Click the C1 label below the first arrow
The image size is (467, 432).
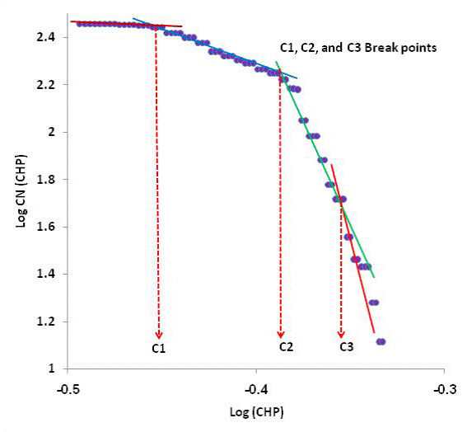pyautogui.click(x=159, y=349)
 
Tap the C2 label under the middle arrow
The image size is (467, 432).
pyautogui.click(x=286, y=347)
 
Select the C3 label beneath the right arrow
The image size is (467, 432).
pyautogui.click(x=347, y=348)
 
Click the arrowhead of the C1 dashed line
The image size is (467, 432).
pyautogui.click(x=158, y=334)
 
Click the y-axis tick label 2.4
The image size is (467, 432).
pyautogui.click(x=48, y=37)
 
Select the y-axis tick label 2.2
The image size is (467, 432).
pyautogui.click(x=48, y=85)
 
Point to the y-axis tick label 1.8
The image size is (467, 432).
pyautogui.click(x=48, y=180)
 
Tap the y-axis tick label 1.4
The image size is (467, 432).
pyautogui.click(x=48, y=275)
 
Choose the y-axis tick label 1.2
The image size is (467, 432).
pyautogui.click(x=48, y=322)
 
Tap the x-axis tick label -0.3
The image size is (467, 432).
pyautogui.click(x=445, y=387)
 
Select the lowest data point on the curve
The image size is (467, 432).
pyautogui.click(x=381, y=341)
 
